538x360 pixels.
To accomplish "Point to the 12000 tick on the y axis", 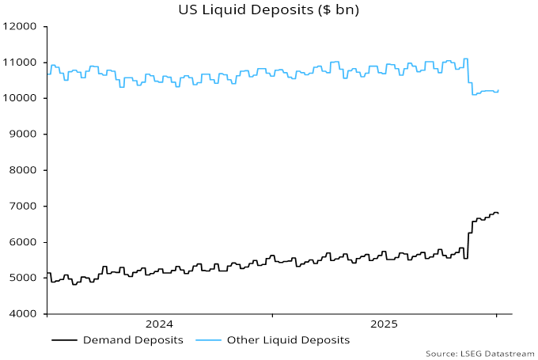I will tap(21, 26).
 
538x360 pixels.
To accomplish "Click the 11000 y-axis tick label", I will tap(21, 63).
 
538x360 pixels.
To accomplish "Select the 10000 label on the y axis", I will tap(21, 98).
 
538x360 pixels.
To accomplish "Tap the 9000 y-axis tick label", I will tap(24, 135).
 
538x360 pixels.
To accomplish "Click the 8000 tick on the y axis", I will tap(24, 170).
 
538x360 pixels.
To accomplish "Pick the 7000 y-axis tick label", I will tap(24, 207).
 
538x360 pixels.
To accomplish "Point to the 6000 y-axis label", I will tap(24, 242).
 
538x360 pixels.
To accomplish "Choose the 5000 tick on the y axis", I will tap(24, 279).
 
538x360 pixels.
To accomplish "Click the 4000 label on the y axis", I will tap(24, 314).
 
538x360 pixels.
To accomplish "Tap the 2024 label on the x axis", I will tap(159, 324).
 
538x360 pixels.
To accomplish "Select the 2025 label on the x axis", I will tap(384, 324).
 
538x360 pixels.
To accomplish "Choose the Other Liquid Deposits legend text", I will tap(288, 340).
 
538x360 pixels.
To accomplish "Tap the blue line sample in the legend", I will tap(208, 340).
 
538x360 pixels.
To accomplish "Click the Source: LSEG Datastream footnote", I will tap(479, 353).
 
